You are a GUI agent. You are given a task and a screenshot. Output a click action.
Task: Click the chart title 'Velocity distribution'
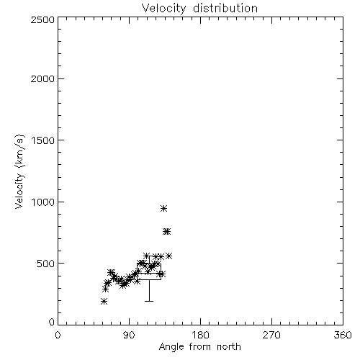200,8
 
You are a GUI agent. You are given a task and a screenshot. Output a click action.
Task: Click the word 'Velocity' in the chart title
164,9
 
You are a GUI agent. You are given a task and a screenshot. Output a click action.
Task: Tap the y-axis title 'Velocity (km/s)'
19,171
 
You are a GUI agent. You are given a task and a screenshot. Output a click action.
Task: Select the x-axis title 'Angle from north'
200,346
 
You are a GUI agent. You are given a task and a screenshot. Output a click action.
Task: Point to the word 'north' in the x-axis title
229,346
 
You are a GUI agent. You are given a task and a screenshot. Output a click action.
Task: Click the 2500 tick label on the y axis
42,19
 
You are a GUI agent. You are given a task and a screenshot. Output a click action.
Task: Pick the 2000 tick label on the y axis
42,78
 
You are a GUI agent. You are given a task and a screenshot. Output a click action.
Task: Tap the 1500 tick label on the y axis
43,140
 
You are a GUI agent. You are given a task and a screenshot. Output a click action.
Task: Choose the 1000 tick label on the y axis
43,202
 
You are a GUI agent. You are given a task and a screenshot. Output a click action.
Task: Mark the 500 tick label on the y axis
46,264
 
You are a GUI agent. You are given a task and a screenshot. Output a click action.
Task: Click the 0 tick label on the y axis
52,322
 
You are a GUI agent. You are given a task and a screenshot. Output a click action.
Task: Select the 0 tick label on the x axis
58,335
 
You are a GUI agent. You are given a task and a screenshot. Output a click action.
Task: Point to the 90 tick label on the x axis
129,335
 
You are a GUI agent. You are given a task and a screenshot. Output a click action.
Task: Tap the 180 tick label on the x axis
200,335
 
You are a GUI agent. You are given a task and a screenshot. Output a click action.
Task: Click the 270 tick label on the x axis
271,335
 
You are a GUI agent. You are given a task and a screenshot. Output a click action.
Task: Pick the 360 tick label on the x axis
343,335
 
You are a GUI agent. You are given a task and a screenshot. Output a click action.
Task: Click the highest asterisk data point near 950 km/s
163,208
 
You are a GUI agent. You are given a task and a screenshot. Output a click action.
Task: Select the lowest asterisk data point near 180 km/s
104,302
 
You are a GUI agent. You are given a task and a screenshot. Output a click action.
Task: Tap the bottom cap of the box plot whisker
149,301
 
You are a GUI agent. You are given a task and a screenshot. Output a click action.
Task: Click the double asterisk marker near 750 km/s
167,231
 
